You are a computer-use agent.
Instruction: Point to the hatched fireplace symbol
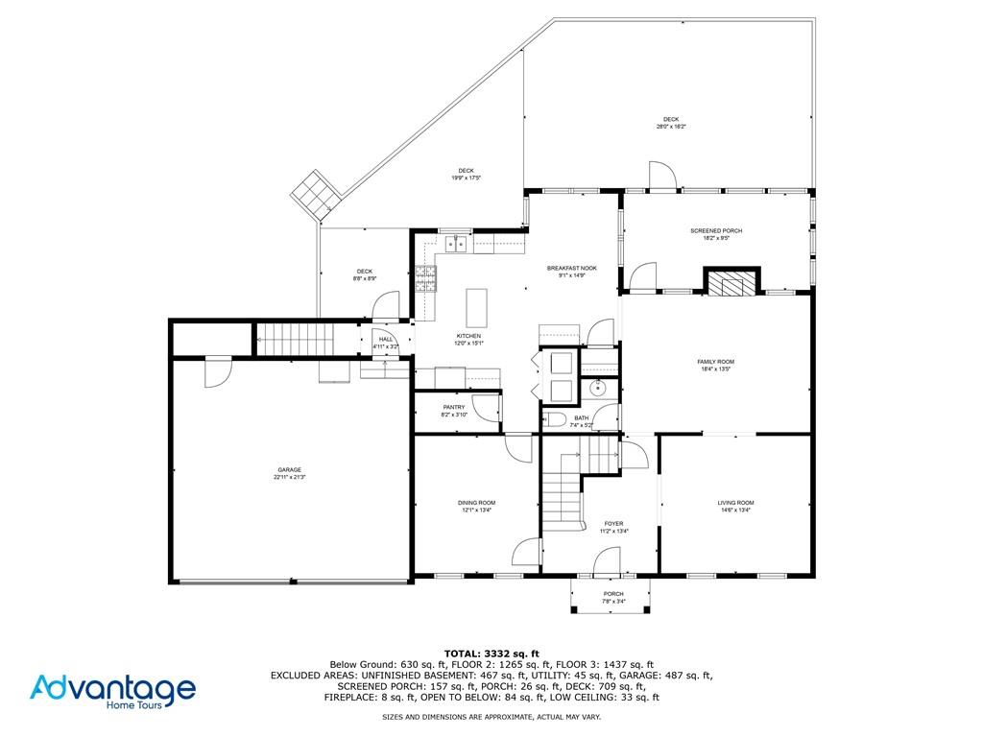(731, 282)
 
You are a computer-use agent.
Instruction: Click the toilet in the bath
(555, 419)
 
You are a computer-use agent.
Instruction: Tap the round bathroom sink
(598, 388)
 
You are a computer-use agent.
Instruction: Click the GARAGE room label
(290, 469)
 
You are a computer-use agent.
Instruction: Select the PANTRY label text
(454, 407)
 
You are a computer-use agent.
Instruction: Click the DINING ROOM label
(476, 503)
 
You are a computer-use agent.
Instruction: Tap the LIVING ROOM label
(735, 503)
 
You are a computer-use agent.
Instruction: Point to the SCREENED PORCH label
(716, 231)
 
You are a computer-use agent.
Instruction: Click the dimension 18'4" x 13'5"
(716, 368)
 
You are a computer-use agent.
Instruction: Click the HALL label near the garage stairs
(385, 339)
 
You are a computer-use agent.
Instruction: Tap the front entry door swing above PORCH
(607, 562)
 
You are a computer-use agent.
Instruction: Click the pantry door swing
(489, 409)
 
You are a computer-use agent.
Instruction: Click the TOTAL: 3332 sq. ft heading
(491, 653)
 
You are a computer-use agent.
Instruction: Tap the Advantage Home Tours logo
(112, 690)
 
